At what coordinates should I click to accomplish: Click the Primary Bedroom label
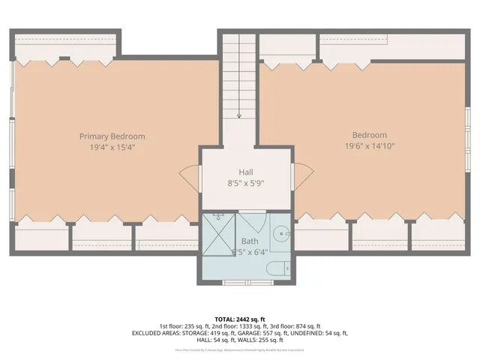(112, 136)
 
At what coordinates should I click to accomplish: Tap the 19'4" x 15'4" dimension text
(112, 148)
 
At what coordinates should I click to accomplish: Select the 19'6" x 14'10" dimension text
(370, 146)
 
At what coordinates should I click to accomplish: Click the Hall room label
(246, 172)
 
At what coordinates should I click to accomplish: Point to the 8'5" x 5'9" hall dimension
(246, 182)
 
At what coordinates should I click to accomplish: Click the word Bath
(250, 241)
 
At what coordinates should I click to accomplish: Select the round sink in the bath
(282, 232)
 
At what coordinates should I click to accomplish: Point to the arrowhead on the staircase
(239, 115)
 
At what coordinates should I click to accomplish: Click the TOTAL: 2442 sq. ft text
(239, 318)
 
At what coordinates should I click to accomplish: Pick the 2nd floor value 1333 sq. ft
(246, 326)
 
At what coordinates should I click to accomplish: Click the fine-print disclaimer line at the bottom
(239, 349)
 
